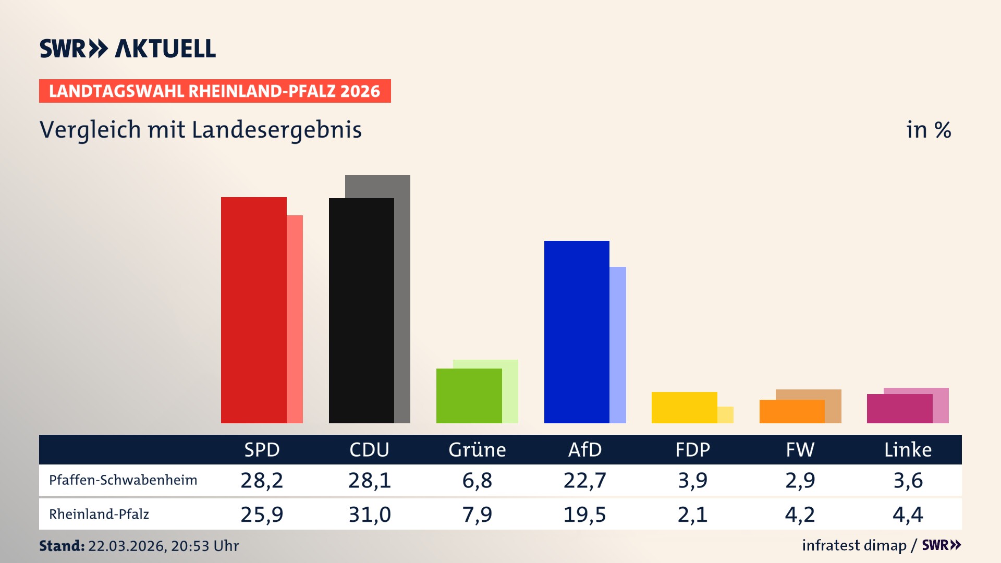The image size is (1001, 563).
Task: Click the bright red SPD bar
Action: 253,310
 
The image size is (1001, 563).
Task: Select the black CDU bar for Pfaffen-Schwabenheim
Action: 361,311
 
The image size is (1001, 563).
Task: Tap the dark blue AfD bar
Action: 577,332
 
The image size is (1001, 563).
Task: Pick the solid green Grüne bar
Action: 469,396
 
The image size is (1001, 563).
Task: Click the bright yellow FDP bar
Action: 684,407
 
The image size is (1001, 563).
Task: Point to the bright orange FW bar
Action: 791,411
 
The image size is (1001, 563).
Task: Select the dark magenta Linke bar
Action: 899,409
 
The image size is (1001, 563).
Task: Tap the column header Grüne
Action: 477,450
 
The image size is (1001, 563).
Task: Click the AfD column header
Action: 584,450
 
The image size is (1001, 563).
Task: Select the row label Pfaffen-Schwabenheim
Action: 123,480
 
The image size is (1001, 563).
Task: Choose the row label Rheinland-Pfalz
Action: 99,515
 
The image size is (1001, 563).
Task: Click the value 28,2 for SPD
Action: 262,480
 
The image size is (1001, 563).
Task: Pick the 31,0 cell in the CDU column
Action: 370,515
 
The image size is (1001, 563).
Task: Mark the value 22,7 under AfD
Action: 584,480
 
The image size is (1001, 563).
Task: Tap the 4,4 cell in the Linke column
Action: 908,515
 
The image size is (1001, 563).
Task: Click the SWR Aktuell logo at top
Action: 128,48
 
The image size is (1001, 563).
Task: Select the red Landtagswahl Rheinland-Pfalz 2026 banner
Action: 215,91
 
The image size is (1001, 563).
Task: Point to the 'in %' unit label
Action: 929,130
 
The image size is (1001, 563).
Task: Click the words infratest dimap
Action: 854,545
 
